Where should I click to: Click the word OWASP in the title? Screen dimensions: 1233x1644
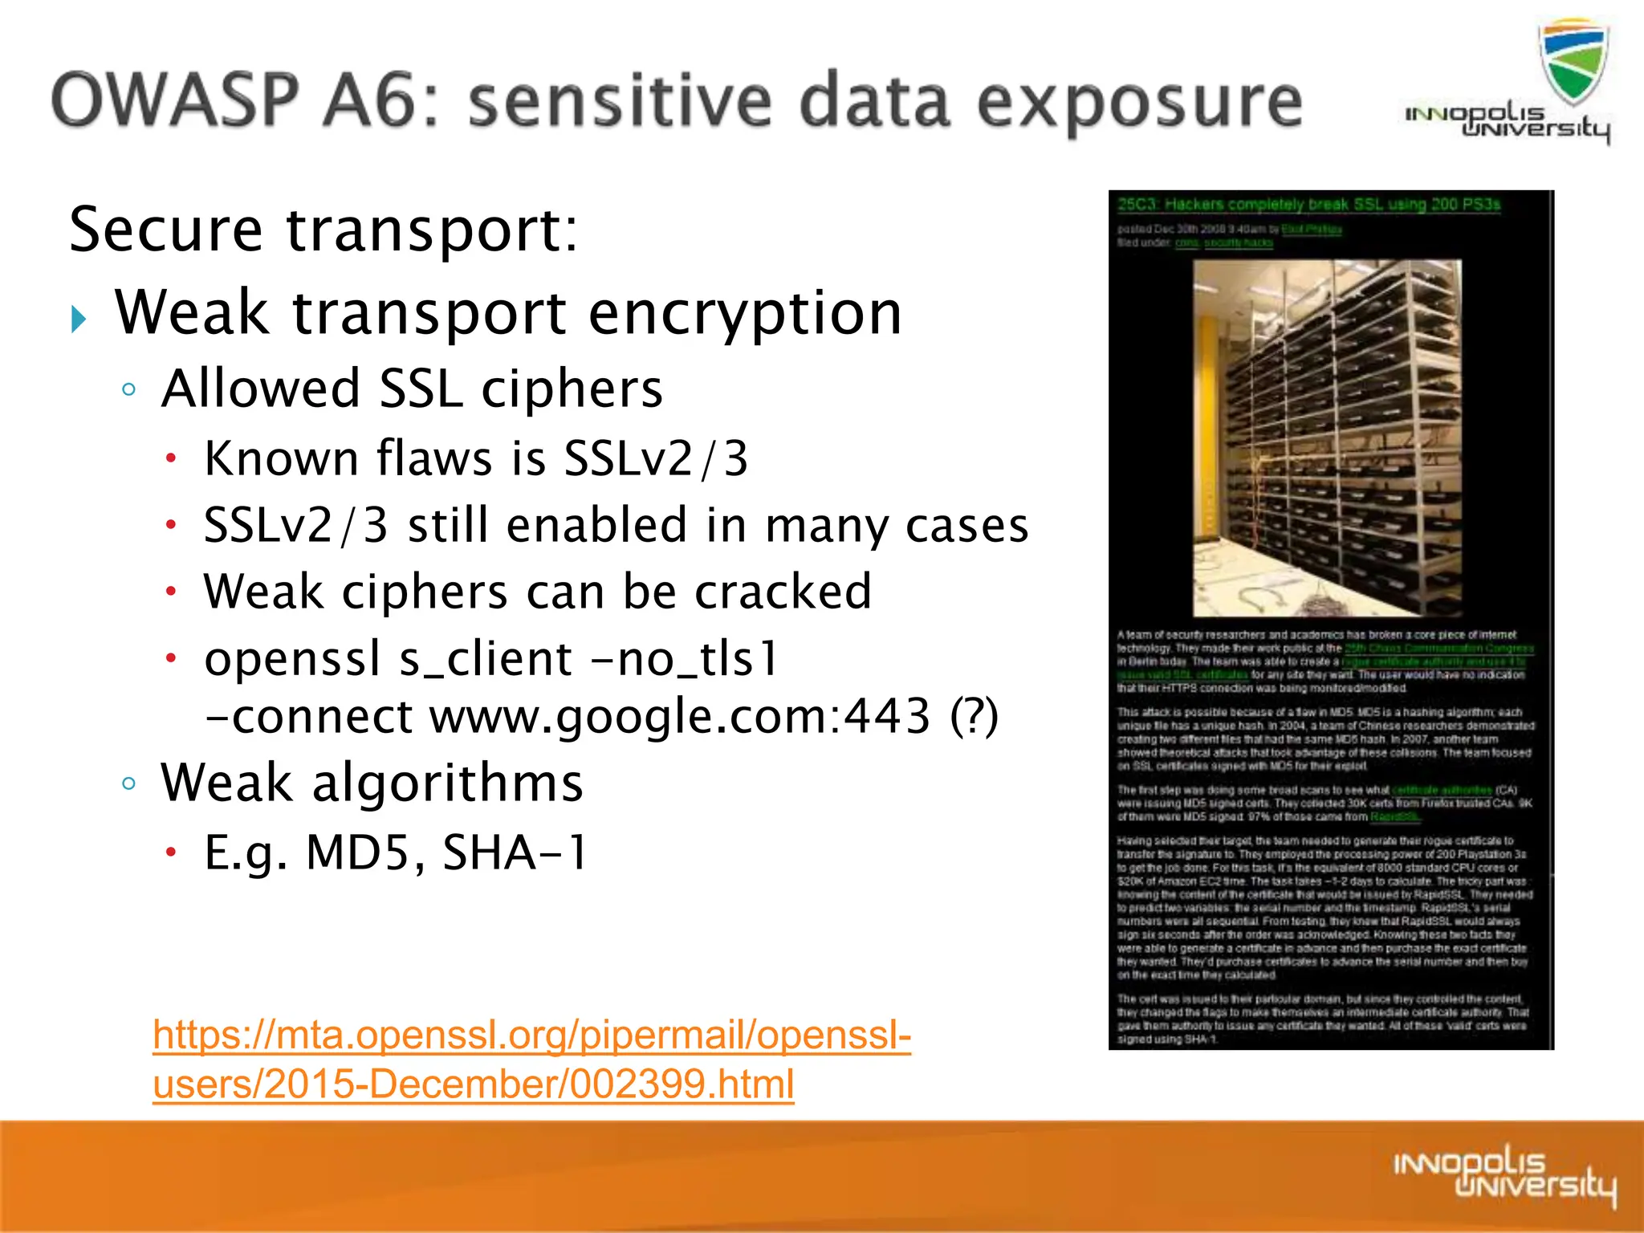click(175, 101)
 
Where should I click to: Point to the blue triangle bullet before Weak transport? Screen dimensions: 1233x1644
click(79, 319)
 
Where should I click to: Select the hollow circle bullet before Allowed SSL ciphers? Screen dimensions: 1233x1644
click(128, 390)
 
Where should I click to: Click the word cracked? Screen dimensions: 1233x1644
click(782, 592)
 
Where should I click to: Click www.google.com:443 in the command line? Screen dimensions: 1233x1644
click(679, 716)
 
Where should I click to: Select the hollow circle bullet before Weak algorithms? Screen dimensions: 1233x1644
click(128, 783)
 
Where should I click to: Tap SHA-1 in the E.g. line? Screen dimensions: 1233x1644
click(515, 853)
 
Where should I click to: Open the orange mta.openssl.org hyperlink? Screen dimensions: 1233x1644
click(531, 1035)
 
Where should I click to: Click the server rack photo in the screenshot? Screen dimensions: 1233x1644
click(1326, 437)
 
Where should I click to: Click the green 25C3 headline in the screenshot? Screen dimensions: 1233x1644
click(1308, 205)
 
